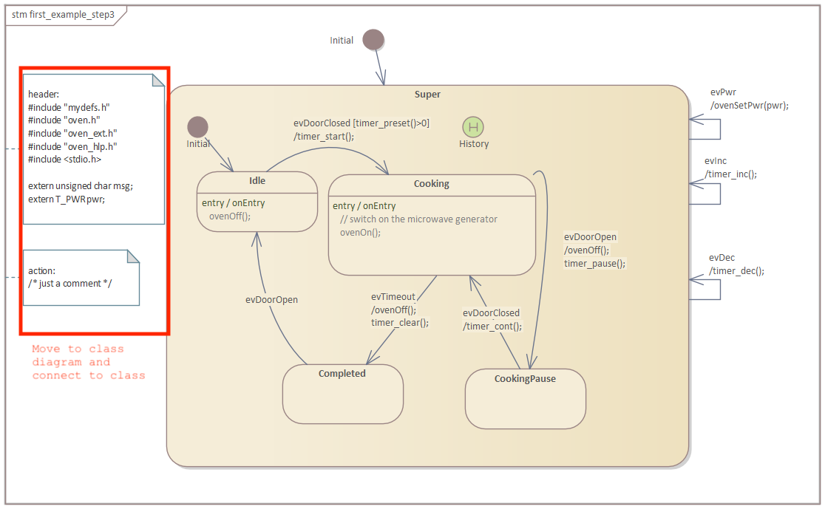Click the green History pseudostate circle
[x=473, y=126]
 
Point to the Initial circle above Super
[x=374, y=40]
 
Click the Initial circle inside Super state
[x=197, y=127]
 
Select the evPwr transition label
[x=723, y=92]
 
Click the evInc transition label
[x=716, y=160]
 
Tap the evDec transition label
[x=722, y=257]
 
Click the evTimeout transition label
[x=393, y=296]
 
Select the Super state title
[x=427, y=94]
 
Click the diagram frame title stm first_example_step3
[x=63, y=14]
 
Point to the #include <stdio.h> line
[x=65, y=159]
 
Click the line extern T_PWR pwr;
[x=67, y=199]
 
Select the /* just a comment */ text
[x=70, y=283]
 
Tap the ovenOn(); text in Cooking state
[x=360, y=232]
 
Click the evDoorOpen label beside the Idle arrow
[x=271, y=300]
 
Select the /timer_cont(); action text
[x=492, y=326]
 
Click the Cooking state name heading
[x=431, y=183]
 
